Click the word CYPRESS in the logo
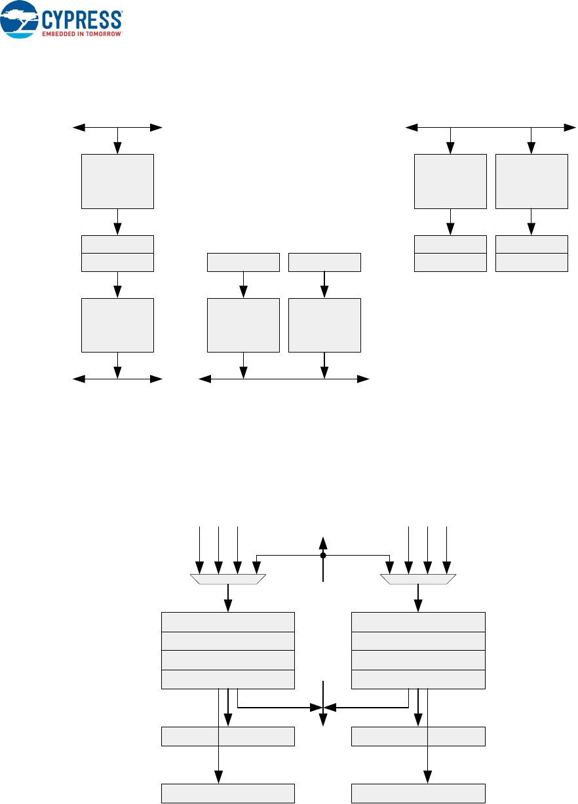(x=82, y=18)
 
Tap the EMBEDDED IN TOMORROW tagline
(x=82, y=32)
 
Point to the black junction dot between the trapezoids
(x=323, y=555)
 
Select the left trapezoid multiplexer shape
(x=227, y=579)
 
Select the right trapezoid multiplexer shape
(x=418, y=579)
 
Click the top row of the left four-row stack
(x=227, y=621)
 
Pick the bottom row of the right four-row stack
(x=418, y=679)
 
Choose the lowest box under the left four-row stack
(x=227, y=794)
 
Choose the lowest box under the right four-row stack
(x=418, y=794)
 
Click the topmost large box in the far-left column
(x=117, y=181)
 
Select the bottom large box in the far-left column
(x=117, y=325)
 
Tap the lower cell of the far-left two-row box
(x=117, y=262)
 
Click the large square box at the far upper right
(x=531, y=181)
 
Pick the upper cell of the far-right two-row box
(x=531, y=244)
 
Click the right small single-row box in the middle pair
(x=324, y=262)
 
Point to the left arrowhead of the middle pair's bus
(x=202, y=379)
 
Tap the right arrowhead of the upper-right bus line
(x=571, y=126)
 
